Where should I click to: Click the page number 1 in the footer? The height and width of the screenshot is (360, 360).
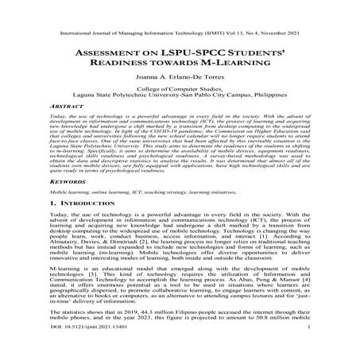click(x=316, y=349)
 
